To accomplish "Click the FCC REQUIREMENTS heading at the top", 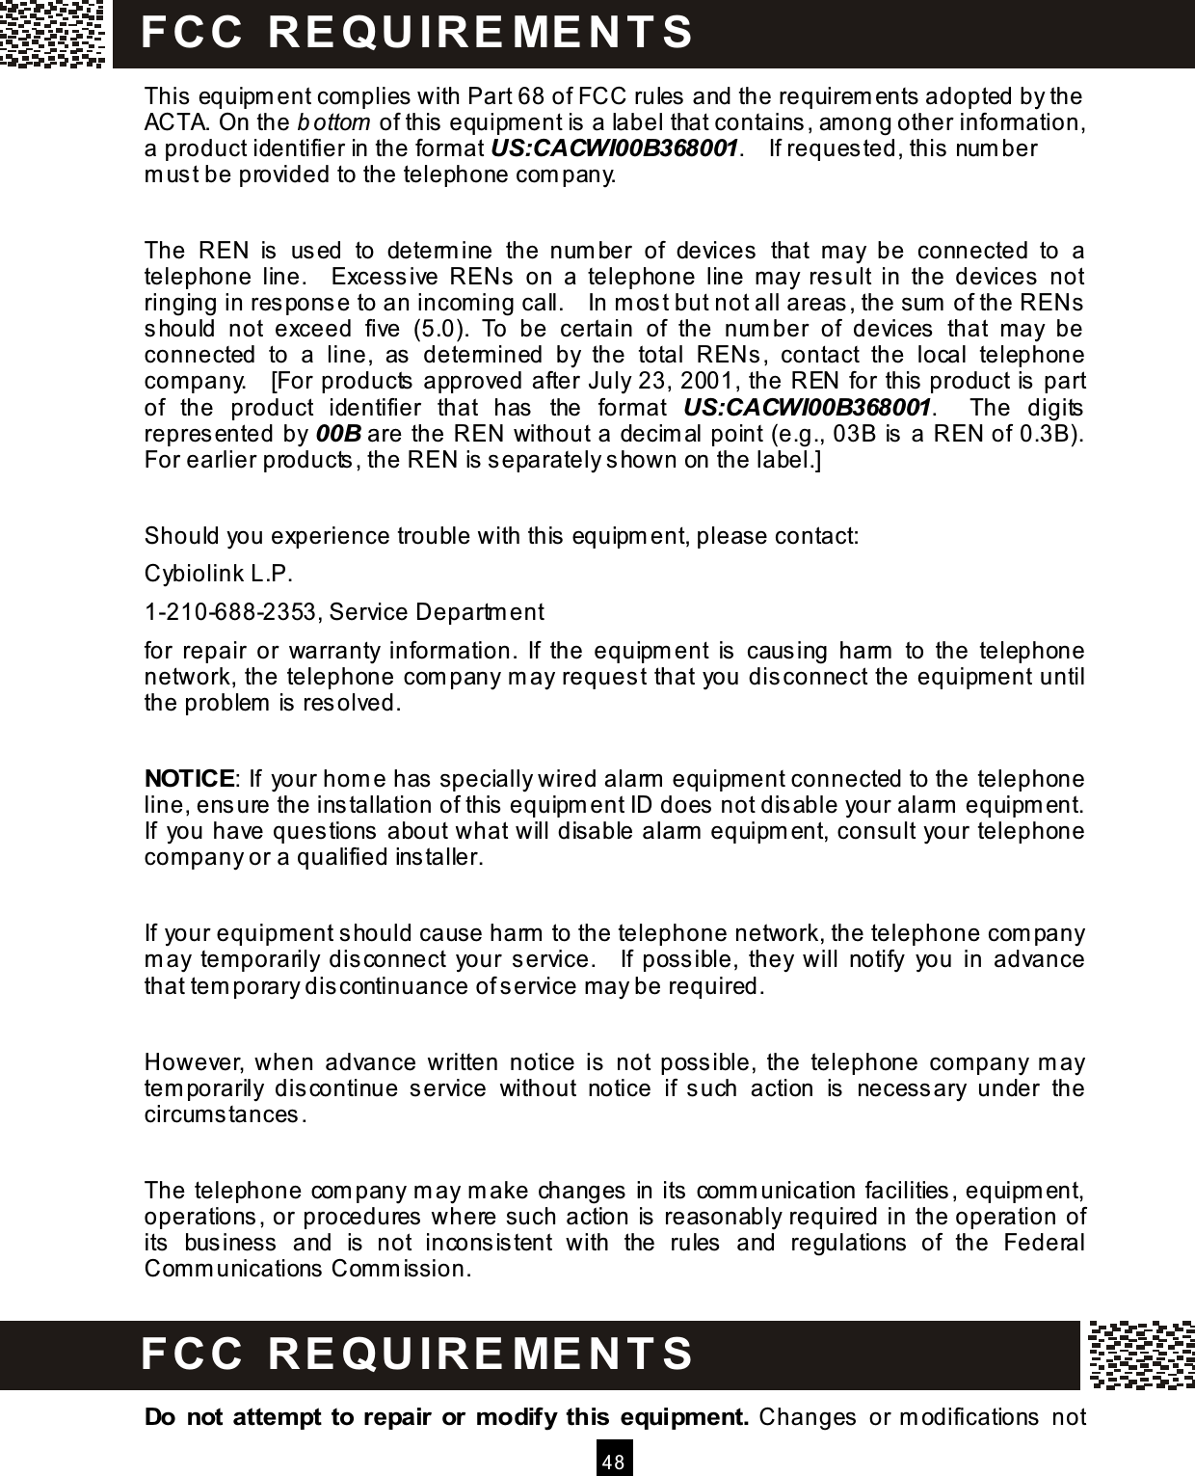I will click(x=416, y=32).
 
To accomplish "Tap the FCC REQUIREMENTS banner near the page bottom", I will click(x=416, y=1353).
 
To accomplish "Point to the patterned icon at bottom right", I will click(x=1141, y=1355).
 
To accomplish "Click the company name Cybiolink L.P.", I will click(x=218, y=576).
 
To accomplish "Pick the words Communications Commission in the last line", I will click(x=306, y=1267).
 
